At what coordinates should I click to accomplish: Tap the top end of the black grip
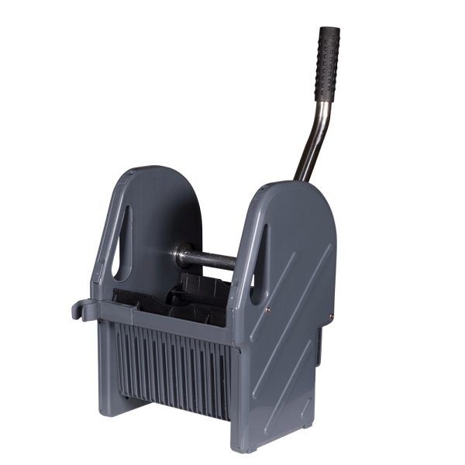[330, 31]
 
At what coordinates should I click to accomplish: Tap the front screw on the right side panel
[267, 310]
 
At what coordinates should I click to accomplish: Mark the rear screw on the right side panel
[330, 316]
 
